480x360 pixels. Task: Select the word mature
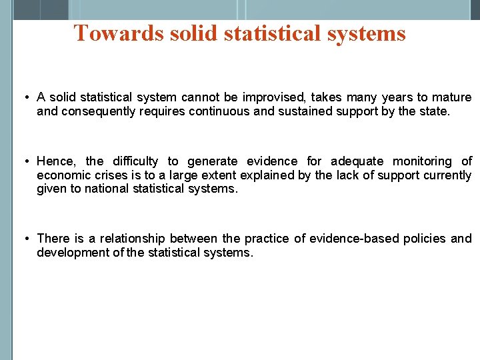click(451, 97)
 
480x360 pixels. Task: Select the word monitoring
click(422, 161)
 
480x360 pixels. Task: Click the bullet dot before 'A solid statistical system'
click(25, 98)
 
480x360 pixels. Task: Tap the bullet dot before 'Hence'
click(25, 161)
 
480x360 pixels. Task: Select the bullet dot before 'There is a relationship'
click(25, 239)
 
